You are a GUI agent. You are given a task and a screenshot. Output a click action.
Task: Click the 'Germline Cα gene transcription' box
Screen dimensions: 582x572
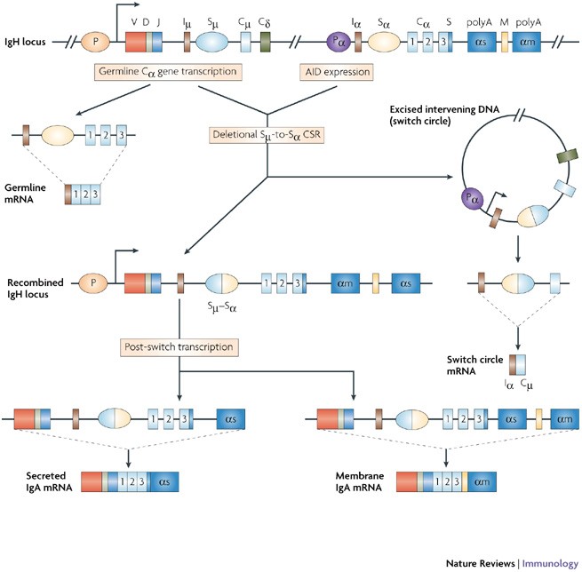[168, 72]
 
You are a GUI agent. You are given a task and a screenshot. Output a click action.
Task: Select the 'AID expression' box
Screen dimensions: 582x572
[337, 72]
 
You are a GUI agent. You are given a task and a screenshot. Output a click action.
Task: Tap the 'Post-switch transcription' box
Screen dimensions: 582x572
[179, 347]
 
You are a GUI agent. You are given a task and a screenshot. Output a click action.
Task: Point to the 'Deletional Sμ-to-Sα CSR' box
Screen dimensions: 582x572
[267, 135]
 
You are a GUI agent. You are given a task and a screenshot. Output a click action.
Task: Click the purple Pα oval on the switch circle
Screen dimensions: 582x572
[472, 199]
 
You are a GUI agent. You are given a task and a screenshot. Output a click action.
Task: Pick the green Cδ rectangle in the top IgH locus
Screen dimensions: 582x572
[265, 42]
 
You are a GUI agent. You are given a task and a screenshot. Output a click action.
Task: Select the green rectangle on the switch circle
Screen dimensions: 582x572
[567, 155]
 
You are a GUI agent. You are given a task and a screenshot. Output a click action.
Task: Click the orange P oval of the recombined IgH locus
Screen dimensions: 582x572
[93, 283]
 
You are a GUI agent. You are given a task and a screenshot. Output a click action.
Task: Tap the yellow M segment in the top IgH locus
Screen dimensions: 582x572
[505, 42]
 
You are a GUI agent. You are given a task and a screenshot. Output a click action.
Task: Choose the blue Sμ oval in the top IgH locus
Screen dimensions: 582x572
[211, 42]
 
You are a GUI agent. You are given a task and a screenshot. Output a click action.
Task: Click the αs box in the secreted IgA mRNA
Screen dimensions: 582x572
[164, 482]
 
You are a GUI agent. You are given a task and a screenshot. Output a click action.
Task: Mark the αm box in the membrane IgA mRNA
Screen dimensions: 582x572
[482, 482]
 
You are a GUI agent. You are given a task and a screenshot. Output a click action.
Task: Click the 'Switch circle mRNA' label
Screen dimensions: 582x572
[474, 365]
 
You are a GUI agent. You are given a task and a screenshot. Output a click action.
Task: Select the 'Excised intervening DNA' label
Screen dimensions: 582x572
[444, 109]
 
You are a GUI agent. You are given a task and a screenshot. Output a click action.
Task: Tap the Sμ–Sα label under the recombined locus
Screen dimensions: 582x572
[222, 307]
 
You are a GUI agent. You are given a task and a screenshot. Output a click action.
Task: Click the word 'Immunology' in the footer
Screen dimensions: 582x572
[550, 563]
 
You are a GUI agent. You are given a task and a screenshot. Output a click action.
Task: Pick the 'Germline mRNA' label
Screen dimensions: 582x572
[25, 194]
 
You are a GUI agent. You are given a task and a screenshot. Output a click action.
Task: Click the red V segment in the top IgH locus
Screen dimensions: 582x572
[135, 42]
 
